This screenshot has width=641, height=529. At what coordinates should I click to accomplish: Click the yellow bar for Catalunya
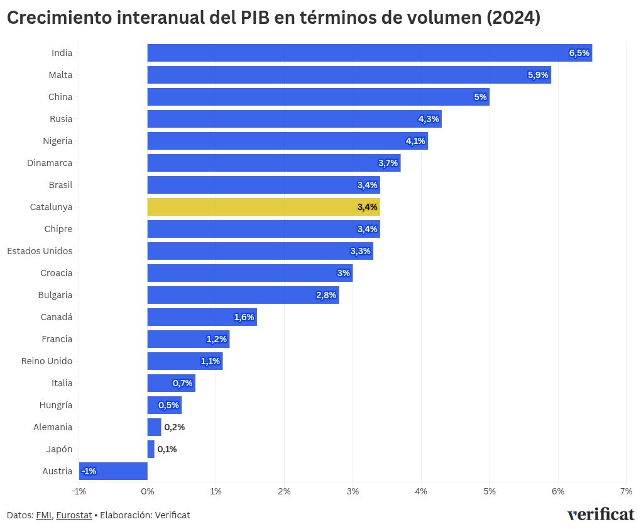263,207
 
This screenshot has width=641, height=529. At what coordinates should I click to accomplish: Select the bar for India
370,53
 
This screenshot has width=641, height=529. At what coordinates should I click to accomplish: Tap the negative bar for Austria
113,471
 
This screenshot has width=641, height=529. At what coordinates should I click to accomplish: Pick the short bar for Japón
151,449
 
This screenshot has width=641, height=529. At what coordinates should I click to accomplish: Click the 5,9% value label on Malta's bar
538,75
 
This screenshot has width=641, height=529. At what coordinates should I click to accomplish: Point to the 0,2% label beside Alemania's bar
174,427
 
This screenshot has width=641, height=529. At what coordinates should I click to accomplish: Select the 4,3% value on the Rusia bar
429,119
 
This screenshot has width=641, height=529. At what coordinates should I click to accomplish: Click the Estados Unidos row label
40,251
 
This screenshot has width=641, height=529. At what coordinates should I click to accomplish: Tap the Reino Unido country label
47,361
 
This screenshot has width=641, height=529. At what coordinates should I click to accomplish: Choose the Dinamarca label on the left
50,163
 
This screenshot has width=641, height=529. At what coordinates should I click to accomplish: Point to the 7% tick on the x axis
626,491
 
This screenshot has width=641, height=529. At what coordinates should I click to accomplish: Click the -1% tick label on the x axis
79,491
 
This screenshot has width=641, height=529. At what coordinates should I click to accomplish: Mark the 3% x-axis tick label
353,491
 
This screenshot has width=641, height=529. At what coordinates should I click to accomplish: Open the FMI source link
43,515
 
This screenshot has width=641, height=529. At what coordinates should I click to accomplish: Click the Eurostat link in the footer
74,515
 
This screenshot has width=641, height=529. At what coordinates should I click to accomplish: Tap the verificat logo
600,514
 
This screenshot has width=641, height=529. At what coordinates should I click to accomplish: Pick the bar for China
318,97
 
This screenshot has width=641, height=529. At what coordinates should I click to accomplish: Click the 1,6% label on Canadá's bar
244,317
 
